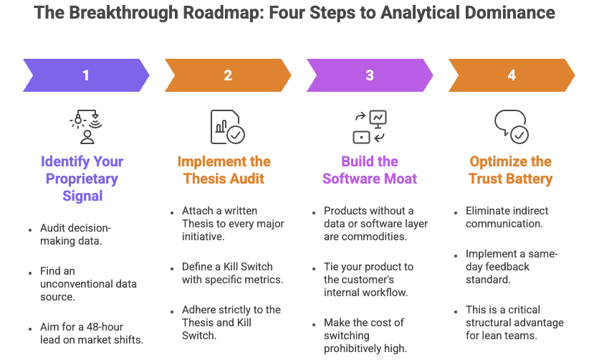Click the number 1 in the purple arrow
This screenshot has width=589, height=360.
(x=86, y=75)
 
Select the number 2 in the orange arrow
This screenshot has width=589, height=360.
(x=227, y=75)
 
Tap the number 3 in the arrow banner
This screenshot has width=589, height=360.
(x=369, y=75)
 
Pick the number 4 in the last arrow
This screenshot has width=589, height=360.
(x=511, y=75)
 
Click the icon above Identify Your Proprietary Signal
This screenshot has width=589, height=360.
(x=86, y=127)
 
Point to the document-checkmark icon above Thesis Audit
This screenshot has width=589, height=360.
(x=227, y=127)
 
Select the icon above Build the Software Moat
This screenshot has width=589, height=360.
(x=369, y=127)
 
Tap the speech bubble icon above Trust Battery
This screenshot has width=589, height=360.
(x=511, y=127)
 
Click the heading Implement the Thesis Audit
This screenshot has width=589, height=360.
(x=224, y=169)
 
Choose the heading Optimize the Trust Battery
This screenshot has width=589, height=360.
(x=511, y=169)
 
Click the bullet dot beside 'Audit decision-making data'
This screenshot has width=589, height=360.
(x=29, y=230)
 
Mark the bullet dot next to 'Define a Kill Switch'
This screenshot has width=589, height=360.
(x=173, y=268)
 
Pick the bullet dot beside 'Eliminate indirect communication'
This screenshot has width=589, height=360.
(x=456, y=212)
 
